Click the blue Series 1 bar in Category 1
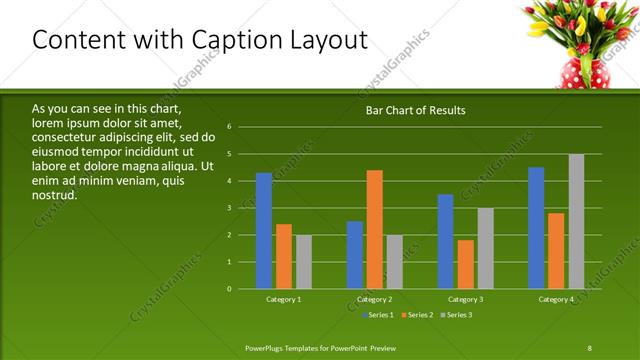[x=264, y=231]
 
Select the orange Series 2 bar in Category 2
[x=375, y=230]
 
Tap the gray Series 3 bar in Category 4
[x=576, y=221]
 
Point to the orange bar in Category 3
[x=465, y=264]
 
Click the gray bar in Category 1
[x=303, y=262]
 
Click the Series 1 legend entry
[x=377, y=316]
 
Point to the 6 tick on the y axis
[x=229, y=127]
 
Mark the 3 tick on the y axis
[x=229, y=208]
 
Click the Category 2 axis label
[x=375, y=299]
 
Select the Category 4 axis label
[x=556, y=299]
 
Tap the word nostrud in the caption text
[x=55, y=194]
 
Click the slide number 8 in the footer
[x=589, y=346]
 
